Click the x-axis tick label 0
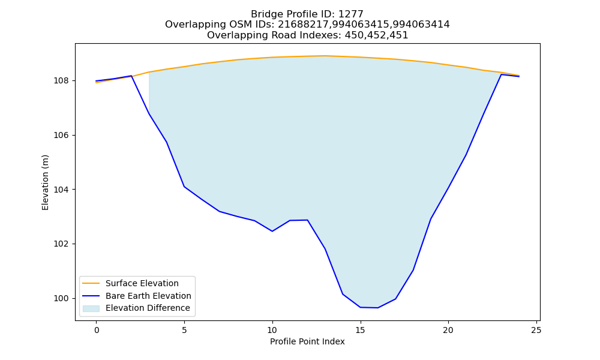[97, 330]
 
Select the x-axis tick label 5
[184, 330]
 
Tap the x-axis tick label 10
[272, 330]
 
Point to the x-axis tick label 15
[360, 330]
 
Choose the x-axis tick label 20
[448, 330]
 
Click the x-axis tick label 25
[536, 330]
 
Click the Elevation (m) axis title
[45, 182]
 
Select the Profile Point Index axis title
[307, 341]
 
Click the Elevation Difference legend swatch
[91, 308]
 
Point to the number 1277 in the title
[350, 14]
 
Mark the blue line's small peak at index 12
[307, 220]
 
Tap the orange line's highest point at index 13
[325, 56]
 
